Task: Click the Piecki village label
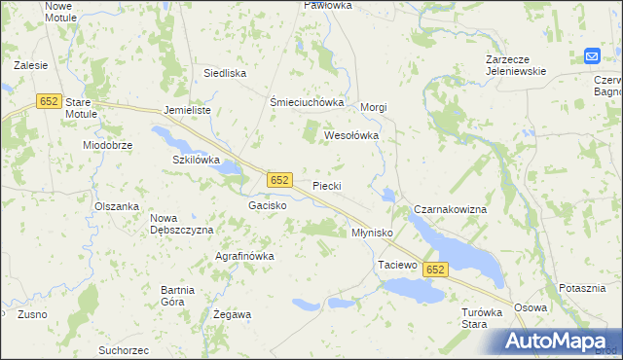click(x=327, y=185)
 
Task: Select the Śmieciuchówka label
click(x=308, y=102)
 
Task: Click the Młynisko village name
click(x=371, y=234)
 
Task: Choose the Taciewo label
click(x=396, y=265)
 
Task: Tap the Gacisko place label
click(x=267, y=206)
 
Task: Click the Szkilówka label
click(x=197, y=160)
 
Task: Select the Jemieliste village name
click(x=188, y=111)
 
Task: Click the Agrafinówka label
click(x=244, y=256)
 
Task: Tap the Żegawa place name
click(x=233, y=314)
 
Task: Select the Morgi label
click(x=375, y=107)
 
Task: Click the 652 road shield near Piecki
click(x=279, y=180)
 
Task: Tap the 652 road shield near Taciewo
click(x=435, y=270)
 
